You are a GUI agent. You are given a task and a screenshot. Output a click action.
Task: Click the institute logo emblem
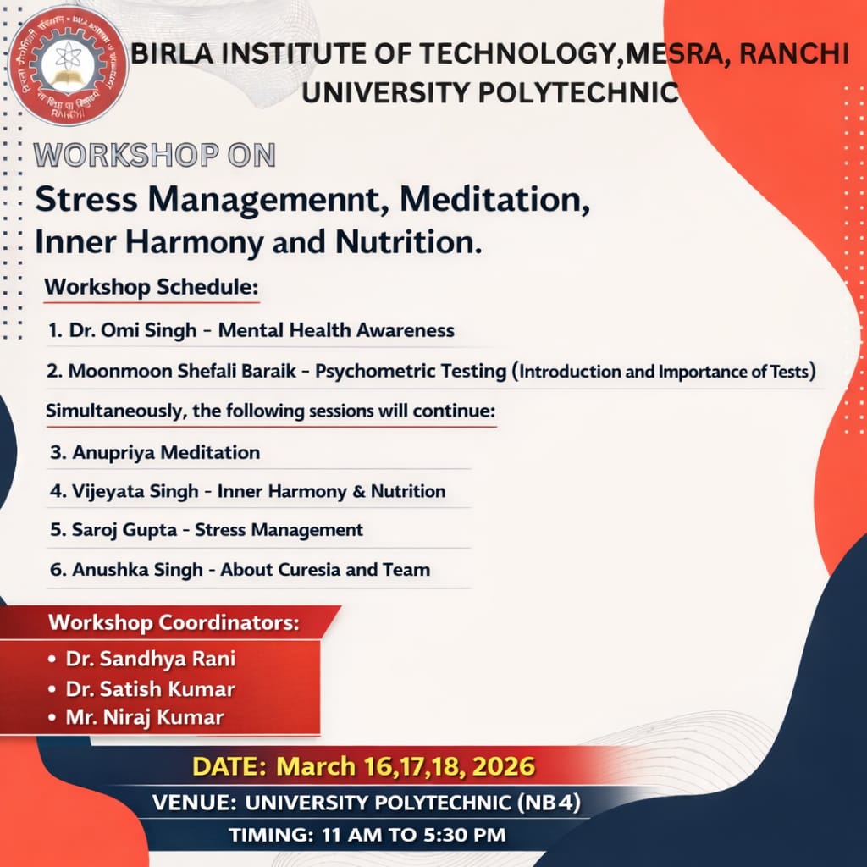[68, 65]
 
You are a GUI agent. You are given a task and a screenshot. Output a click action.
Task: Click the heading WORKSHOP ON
[155, 155]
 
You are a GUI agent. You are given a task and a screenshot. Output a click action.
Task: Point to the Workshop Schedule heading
[152, 287]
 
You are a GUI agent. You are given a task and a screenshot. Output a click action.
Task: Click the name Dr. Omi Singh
[133, 330]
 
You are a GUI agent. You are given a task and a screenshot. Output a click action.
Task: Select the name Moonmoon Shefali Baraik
[183, 371]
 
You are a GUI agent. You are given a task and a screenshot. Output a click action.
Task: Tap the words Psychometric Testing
[411, 371]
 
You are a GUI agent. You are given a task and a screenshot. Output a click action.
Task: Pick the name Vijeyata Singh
[135, 491]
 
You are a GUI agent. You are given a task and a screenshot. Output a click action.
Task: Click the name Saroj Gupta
[124, 530]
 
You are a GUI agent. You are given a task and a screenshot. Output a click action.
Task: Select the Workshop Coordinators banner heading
[174, 622]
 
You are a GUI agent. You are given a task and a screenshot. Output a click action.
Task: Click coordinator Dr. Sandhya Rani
[151, 659]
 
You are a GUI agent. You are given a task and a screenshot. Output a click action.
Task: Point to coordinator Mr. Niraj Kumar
[145, 717]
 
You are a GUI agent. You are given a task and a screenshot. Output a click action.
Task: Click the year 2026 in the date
[504, 766]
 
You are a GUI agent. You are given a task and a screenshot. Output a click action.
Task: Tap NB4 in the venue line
[549, 803]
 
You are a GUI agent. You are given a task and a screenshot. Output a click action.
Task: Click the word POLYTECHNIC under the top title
[578, 92]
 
